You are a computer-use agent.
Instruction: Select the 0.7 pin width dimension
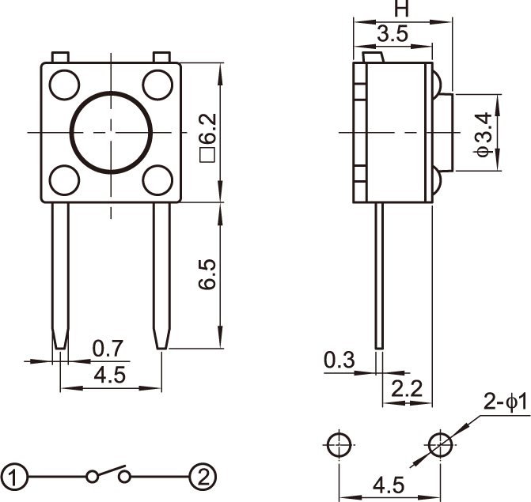[x=108, y=348]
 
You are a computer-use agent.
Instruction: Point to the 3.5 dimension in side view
[x=393, y=34]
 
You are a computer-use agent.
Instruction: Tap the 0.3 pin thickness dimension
[x=339, y=360]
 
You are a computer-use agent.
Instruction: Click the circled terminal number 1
[x=15, y=477]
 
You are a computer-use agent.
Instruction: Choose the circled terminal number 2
[x=203, y=477]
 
